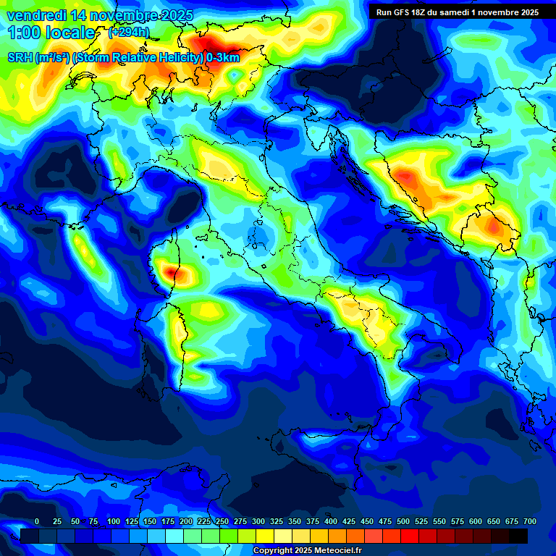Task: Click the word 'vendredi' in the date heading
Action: point(34,15)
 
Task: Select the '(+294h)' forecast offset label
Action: point(129,33)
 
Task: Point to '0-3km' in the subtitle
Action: point(223,58)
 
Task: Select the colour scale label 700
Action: point(529,521)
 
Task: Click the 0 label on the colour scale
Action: point(37,521)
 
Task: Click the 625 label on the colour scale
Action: point(475,521)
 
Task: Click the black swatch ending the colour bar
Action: point(518,536)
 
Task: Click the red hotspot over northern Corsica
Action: point(172,271)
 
